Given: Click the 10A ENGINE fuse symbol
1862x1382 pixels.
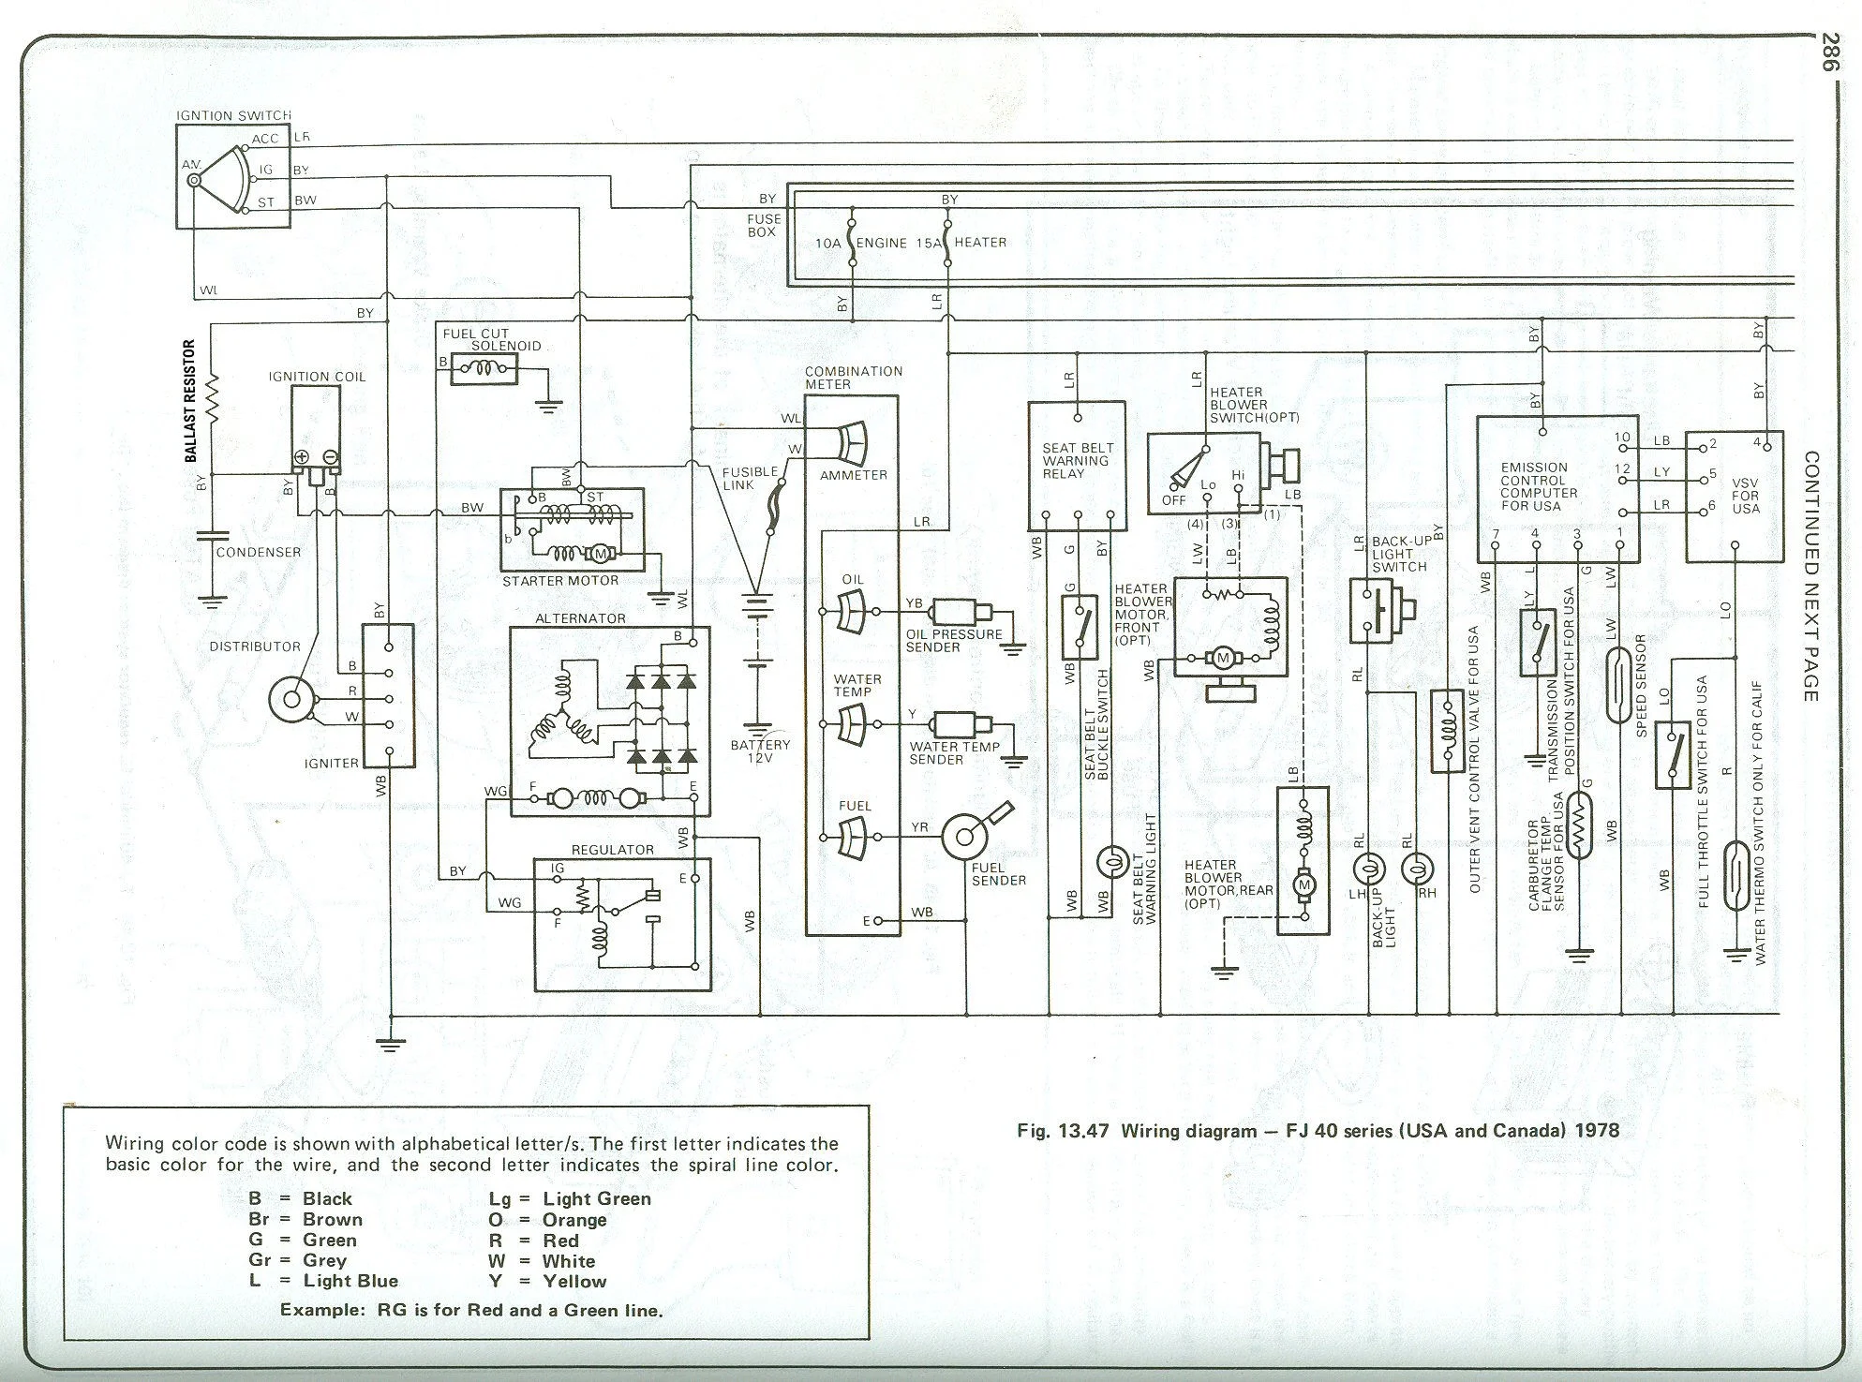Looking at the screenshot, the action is [x=852, y=242].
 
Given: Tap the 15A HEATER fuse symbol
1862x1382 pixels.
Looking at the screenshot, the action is [x=948, y=242].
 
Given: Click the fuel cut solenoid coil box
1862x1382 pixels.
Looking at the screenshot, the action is [x=484, y=369].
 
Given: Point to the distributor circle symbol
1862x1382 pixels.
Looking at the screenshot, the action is [x=290, y=699].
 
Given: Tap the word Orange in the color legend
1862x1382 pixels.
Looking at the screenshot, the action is [x=574, y=1220].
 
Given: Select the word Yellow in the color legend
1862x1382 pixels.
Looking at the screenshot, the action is [x=574, y=1281].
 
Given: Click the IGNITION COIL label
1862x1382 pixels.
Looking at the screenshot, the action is [x=317, y=377].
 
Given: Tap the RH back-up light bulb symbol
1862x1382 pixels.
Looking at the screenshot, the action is [x=1418, y=869].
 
